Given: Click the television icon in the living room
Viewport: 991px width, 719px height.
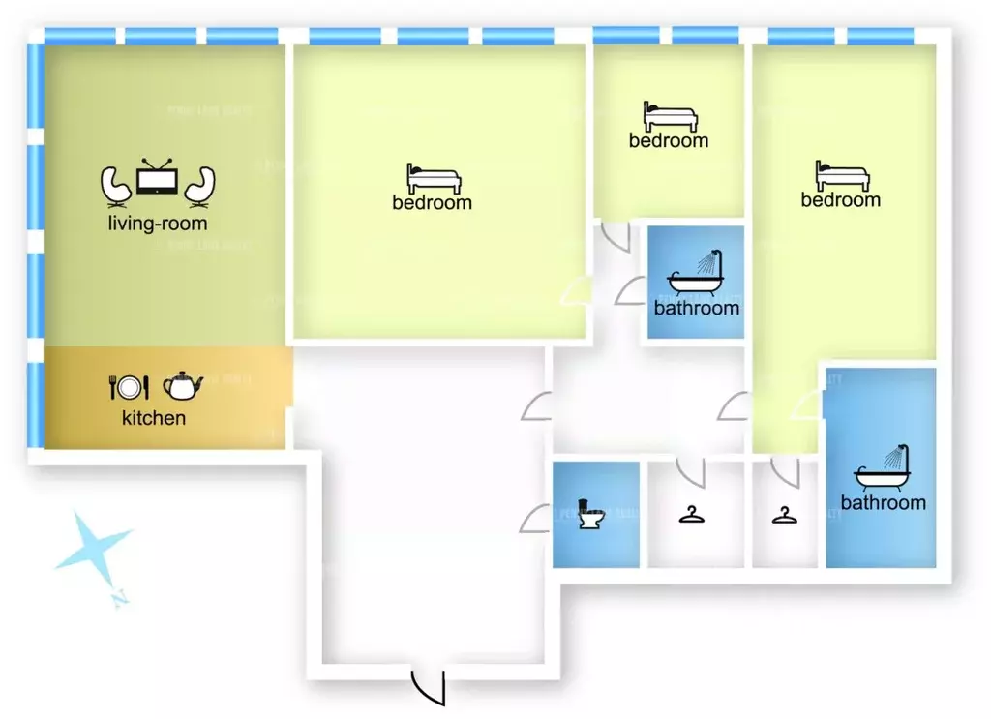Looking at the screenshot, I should coord(156,181).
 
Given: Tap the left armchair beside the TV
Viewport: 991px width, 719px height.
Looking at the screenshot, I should coord(115,186).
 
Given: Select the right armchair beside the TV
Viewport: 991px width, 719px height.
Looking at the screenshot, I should coord(200,186).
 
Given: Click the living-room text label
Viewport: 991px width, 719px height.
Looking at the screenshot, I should coord(158,224).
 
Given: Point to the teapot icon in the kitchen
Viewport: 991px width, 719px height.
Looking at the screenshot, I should coord(182,385).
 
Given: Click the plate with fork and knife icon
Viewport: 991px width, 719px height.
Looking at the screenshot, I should coord(128,387).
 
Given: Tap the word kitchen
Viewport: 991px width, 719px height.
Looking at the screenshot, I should coord(154,418).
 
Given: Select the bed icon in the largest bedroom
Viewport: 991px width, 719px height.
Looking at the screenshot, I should coord(434,179).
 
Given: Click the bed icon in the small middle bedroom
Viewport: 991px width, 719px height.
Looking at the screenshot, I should coord(670,118).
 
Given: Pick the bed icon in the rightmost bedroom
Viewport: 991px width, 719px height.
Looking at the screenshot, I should coord(842,176).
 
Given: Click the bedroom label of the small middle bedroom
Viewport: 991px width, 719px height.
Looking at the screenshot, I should coord(669,140).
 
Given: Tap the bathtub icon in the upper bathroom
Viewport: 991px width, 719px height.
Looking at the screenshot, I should coord(696,274).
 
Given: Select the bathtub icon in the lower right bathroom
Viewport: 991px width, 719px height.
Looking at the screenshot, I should coord(883,469).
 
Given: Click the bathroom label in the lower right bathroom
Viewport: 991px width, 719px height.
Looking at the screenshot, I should coord(883,502).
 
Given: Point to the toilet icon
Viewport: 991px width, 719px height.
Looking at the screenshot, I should coord(589,514).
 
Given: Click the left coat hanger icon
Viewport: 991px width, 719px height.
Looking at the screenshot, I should coord(691,514).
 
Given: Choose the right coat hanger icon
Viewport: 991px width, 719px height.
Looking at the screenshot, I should coord(785,514).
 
